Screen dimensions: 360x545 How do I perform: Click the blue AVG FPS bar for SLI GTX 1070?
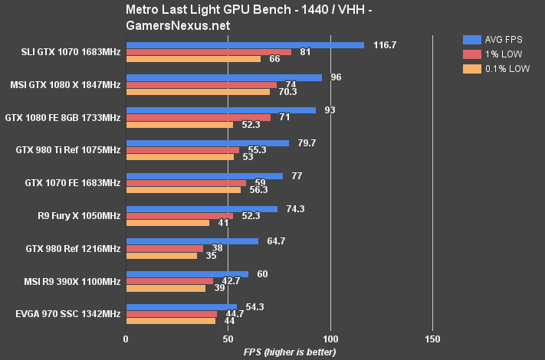[245, 45]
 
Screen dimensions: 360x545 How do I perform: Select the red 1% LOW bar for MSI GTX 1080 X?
[202, 85]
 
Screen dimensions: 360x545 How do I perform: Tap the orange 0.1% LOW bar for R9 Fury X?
[168, 223]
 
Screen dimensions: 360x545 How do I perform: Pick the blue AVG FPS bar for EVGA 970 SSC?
[182, 306]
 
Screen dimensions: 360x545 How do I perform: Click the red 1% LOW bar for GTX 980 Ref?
[165, 248]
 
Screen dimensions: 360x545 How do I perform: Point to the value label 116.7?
[384, 45]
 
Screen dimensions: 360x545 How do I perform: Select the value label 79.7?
[307, 142]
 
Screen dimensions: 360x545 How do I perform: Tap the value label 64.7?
[276, 241]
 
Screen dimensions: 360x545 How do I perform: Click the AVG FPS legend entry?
[494, 39]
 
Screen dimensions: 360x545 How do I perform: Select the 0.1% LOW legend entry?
[494, 68]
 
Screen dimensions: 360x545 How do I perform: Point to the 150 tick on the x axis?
[432, 339]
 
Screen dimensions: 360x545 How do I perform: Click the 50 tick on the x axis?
[228, 339]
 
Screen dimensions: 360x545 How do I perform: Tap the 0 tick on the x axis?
[126, 339]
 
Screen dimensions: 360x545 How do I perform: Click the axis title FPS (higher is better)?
[279, 352]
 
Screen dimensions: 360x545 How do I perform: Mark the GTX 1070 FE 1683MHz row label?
[72, 183]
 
